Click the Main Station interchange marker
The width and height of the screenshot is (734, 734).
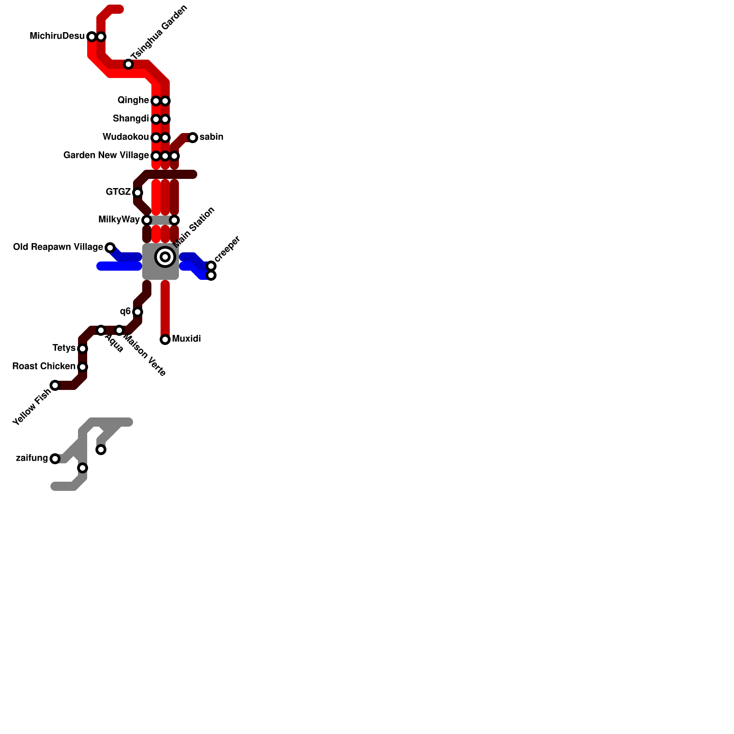point(165,257)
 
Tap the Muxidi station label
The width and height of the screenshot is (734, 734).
point(186,339)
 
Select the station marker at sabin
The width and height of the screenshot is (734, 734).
point(193,138)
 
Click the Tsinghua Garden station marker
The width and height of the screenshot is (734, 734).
point(128,65)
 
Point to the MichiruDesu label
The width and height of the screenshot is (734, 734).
point(57,36)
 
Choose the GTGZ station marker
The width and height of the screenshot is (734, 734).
point(138,193)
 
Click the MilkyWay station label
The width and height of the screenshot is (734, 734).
point(119,220)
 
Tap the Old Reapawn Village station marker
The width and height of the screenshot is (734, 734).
point(110,248)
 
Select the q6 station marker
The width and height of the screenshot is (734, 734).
point(138,312)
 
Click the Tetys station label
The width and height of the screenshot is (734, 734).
point(64,348)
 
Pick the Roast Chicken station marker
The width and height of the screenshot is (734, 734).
point(83,367)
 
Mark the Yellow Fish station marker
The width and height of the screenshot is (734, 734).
point(55,385)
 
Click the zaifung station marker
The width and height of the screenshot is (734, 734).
point(55,459)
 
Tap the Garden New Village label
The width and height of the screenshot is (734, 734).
point(106,156)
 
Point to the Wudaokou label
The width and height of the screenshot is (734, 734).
point(126,137)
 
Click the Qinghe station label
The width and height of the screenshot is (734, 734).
point(133,100)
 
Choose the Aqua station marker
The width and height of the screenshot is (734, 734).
point(101,330)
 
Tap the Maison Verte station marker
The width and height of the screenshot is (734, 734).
point(119,330)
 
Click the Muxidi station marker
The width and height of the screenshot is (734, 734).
point(165,339)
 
